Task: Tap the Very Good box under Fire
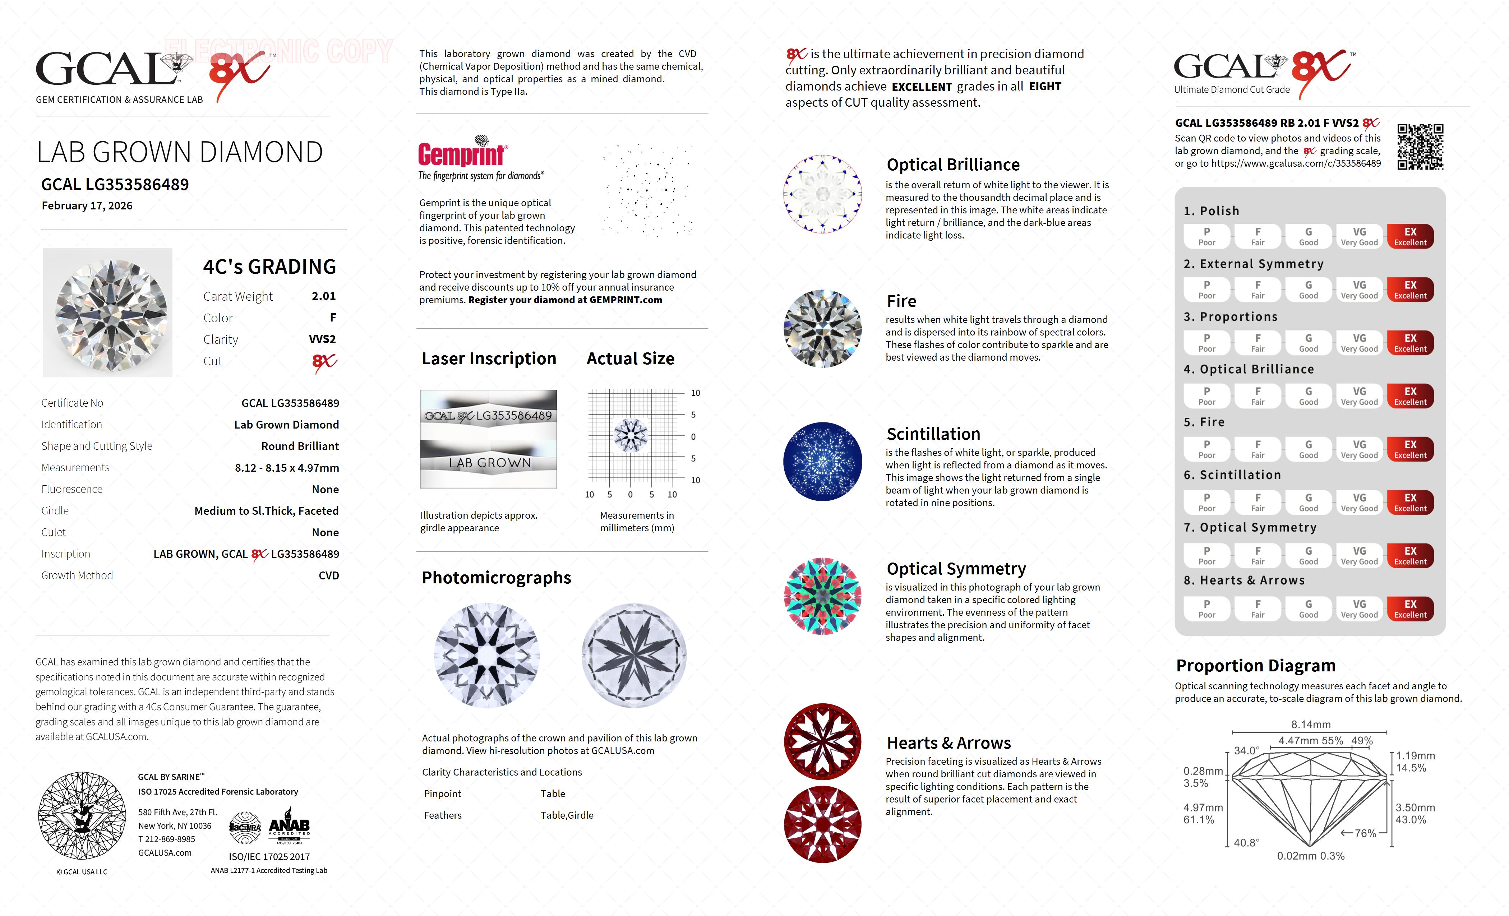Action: tap(1359, 449)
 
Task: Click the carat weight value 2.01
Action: tap(323, 296)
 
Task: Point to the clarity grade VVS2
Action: tap(322, 339)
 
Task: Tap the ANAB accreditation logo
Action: tap(289, 825)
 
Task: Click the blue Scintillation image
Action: tap(822, 461)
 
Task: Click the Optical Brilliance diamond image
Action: tap(822, 194)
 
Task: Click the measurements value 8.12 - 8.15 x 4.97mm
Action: tap(287, 468)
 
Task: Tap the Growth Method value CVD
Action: tap(328, 575)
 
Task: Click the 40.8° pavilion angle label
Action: tap(1246, 842)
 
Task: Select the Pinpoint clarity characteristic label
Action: tap(442, 794)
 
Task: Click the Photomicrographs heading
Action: tap(496, 577)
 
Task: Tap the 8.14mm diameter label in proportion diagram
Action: tap(1311, 724)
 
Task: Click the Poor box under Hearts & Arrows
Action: tap(1206, 609)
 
